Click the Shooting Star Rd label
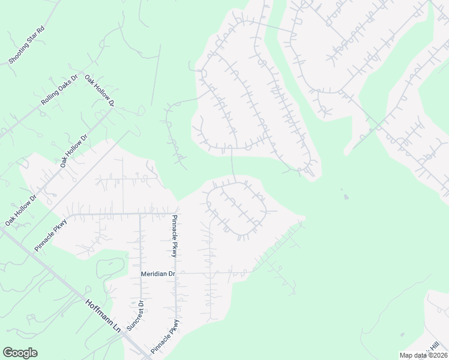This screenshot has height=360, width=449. click(27, 45)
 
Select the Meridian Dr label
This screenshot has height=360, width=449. click(157, 274)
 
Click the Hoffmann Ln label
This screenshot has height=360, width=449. click(103, 317)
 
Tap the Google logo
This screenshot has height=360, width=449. click(20, 353)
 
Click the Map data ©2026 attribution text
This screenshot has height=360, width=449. click(423, 355)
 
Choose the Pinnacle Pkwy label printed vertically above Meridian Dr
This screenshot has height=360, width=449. click(174, 236)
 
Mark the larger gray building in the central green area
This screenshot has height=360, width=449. click(345, 196)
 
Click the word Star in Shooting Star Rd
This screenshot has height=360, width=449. click(32, 40)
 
